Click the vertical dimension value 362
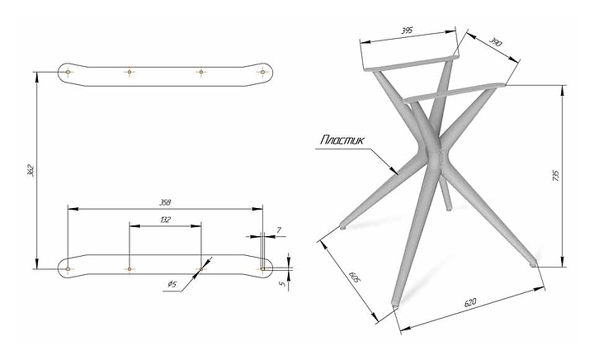click(x=31, y=171)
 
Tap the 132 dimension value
click(x=165, y=220)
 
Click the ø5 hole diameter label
click(x=172, y=285)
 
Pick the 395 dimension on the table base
click(x=407, y=31)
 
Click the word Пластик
click(x=341, y=141)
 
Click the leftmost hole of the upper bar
click(x=68, y=73)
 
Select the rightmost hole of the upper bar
click(x=263, y=73)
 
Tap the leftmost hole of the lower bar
click(x=68, y=268)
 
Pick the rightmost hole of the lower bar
click(x=263, y=268)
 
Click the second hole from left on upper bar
click(x=129, y=73)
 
